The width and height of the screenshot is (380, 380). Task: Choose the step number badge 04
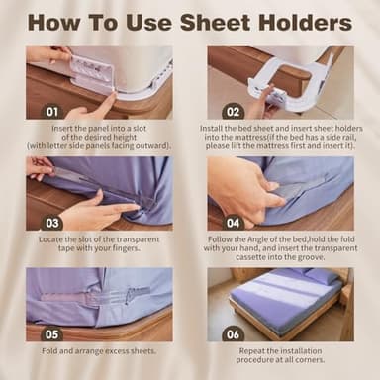click(234, 223)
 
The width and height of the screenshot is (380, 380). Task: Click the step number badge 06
click(234, 334)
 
